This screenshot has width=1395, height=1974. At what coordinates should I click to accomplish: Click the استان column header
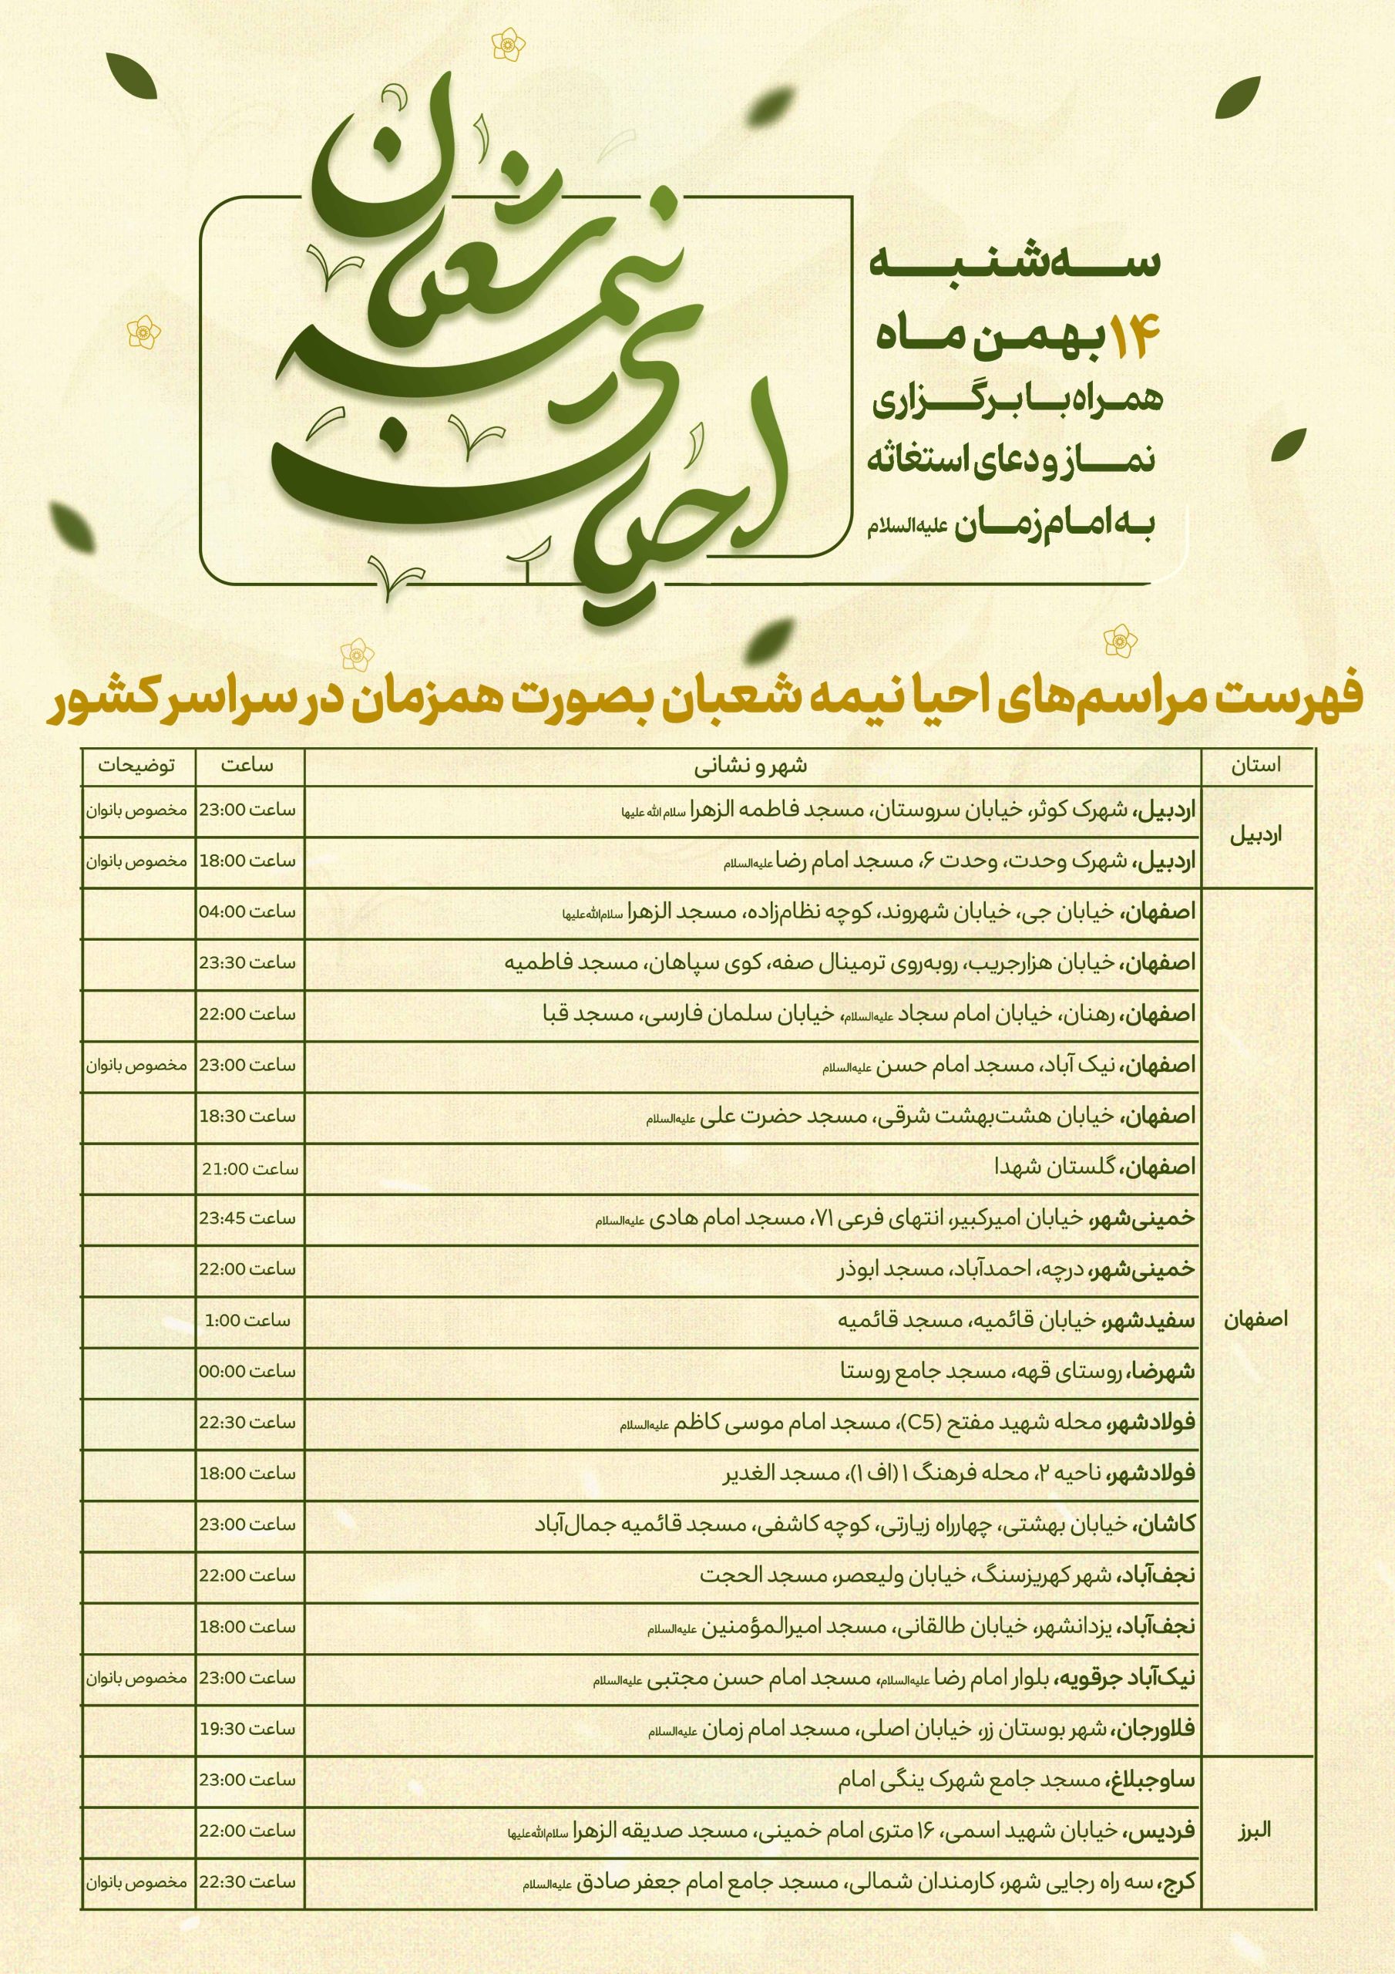coord(1255,765)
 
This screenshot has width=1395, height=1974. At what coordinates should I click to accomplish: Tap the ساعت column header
coord(247,765)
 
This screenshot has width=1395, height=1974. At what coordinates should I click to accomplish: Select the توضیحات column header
coord(136,765)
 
